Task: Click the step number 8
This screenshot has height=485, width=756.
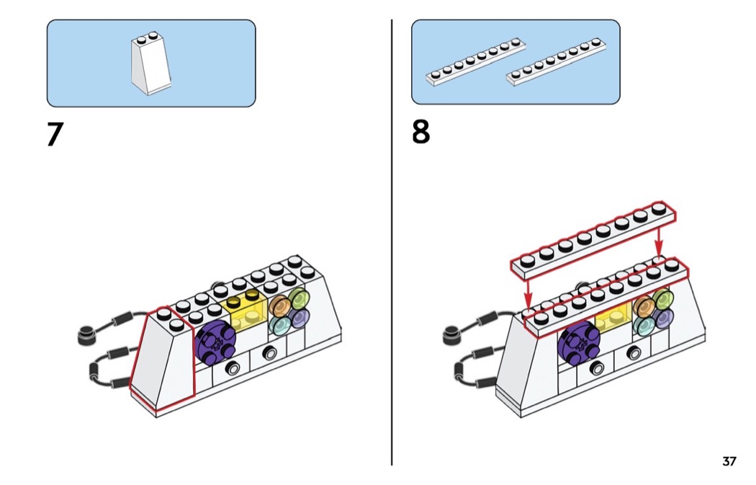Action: [421, 133]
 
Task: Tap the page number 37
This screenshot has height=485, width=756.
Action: [729, 461]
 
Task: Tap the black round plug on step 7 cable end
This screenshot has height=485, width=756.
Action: [86, 333]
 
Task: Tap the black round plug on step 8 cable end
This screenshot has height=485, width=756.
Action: [452, 334]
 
